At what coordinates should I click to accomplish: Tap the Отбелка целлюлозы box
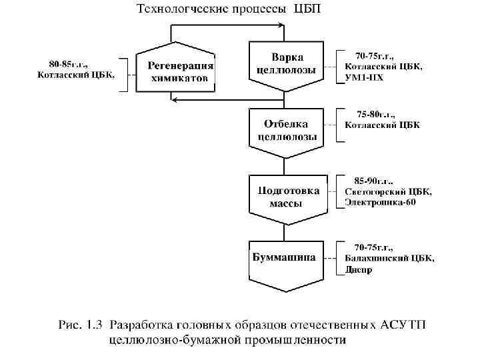[285, 130]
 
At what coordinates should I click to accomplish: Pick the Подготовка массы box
[285, 196]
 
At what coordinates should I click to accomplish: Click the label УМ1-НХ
[364, 78]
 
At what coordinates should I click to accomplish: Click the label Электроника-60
[380, 203]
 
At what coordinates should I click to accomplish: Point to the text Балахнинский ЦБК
[389, 258]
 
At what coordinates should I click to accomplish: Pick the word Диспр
[359, 270]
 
